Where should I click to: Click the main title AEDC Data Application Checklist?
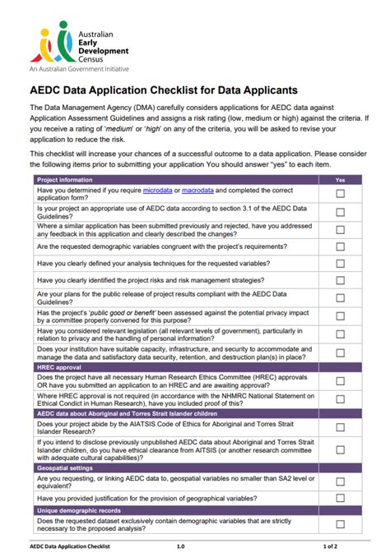click(164, 89)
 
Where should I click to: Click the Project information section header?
click(65, 179)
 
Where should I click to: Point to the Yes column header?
click(340, 179)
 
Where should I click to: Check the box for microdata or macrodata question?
click(340, 194)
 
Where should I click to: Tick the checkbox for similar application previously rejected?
click(340, 229)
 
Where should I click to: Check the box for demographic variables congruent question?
click(340, 246)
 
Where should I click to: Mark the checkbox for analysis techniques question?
click(340, 264)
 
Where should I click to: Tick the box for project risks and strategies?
click(340, 281)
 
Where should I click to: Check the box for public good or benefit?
click(340, 316)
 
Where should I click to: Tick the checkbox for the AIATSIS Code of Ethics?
click(340, 428)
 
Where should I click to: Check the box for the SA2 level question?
click(340, 480)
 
